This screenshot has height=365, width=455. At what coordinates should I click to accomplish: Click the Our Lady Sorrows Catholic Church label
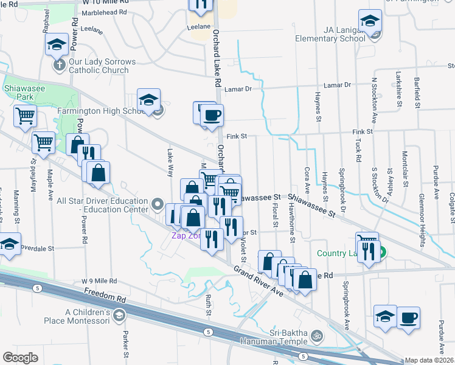tap(99, 66)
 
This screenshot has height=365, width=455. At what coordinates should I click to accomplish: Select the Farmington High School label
tap(100, 111)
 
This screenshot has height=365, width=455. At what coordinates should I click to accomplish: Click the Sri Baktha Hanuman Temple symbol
tap(316, 336)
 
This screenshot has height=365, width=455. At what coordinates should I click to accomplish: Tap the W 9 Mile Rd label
tap(99, 281)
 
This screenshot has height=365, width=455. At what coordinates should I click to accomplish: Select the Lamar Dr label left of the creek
tap(238, 89)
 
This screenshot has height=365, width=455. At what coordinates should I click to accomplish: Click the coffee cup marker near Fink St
tap(211, 115)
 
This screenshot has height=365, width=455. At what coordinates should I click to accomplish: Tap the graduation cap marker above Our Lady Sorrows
tap(56, 44)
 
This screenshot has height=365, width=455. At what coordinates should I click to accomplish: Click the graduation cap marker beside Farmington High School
tap(148, 101)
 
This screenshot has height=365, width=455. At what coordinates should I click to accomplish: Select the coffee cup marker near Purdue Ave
tap(408, 318)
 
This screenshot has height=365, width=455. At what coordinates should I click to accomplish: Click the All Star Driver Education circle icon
tap(158, 204)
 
